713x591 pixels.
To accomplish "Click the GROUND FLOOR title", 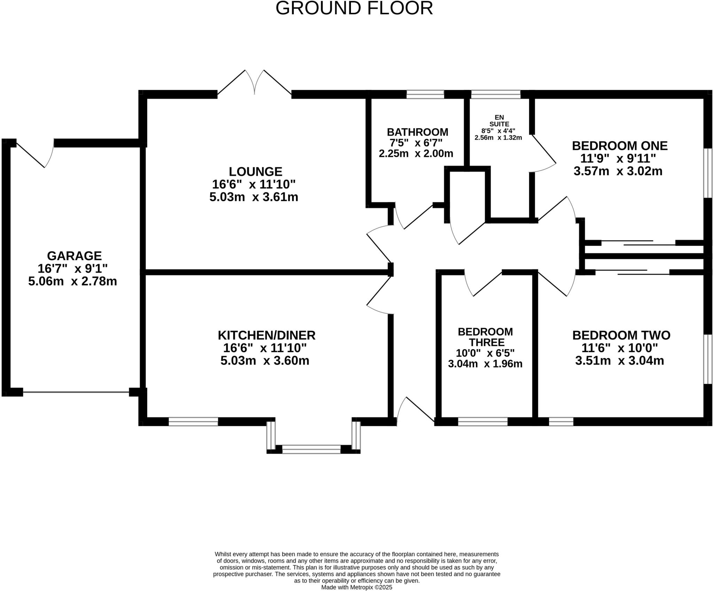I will click(354, 8).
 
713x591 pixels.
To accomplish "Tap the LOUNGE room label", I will click(255, 172).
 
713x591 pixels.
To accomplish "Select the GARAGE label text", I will click(74, 256).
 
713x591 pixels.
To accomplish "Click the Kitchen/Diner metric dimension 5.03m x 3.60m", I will click(265, 360).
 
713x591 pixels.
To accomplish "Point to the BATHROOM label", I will click(417, 132).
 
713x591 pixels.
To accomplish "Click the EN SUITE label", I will click(499, 120).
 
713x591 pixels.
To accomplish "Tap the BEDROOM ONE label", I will click(620, 146).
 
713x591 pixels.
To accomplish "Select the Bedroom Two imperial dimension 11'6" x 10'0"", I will click(620, 348).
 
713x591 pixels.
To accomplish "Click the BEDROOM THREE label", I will click(485, 337).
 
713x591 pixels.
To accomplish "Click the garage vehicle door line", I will click(76, 392).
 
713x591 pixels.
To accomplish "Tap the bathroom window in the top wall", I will click(425, 94).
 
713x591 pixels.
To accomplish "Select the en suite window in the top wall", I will click(495, 94).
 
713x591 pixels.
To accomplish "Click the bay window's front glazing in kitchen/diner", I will click(311, 449).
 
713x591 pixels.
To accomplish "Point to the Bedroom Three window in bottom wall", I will click(483, 422).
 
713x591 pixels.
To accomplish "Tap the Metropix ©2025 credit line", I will click(356, 587).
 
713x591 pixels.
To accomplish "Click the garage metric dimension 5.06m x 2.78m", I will click(72, 281).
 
